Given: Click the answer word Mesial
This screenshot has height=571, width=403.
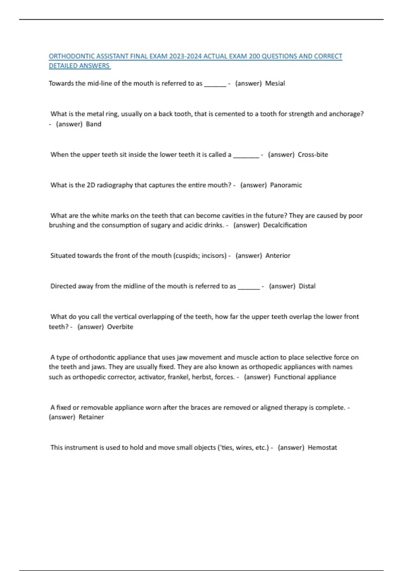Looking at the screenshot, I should (275, 83).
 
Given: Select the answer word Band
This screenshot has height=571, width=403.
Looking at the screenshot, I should (93, 124).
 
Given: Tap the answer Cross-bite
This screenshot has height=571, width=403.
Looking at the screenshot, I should (313, 155).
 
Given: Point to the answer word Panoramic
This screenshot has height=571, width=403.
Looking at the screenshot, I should (286, 185).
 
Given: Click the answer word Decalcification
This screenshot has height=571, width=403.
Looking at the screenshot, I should (285, 225).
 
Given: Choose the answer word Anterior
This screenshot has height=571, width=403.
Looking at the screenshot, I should (278, 256).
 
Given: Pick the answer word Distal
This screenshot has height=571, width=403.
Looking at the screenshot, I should (307, 286).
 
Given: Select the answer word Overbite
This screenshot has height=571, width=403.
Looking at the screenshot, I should (120, 327).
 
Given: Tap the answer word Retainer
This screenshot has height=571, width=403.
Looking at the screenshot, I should (91, 417).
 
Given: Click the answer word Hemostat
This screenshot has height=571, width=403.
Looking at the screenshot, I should (322, 448).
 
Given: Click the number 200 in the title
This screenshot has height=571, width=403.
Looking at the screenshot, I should (254, 56).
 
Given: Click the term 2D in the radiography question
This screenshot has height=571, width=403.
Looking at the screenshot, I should (91, 185).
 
